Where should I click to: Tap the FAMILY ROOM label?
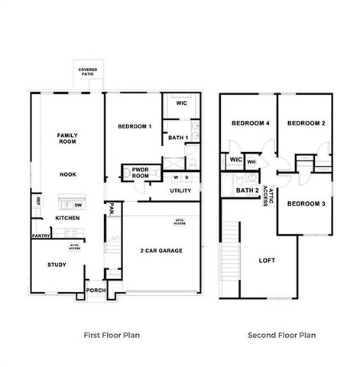point(68,138)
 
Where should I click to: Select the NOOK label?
point(68,174)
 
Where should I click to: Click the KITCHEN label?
point(67,218)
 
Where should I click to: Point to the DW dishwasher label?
point(79,205)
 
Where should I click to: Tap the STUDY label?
point(57,266)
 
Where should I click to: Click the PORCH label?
point(96,291)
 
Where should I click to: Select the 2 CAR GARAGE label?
point(161,250)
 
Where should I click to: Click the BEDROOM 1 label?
point(135,126)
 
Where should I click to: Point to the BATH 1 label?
point(177,138)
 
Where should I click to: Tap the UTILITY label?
point(180,190)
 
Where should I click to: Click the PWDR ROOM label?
point(140,173)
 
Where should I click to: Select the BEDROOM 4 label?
point(248,123)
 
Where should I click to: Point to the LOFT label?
point(267,260)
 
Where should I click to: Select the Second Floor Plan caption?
point(281,335)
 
